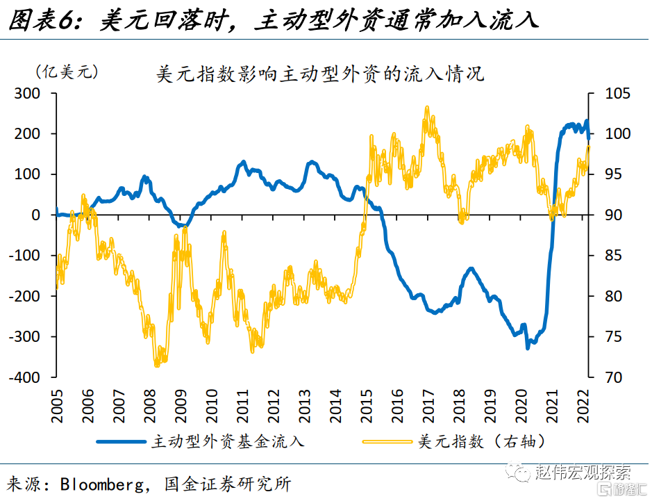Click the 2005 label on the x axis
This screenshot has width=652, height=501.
(x=57, y=401)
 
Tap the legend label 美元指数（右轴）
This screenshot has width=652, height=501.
(x=480, y=441)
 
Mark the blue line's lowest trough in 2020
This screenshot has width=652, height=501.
(x=528, y=347)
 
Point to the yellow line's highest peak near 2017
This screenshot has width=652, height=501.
(x=426, y=108)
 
